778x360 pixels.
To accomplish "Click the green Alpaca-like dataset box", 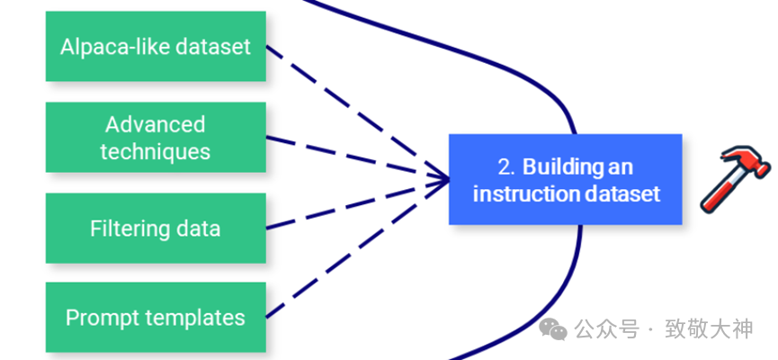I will click(156, 46).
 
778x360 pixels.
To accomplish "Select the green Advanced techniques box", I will click(156, 137).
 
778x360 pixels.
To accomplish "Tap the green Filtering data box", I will click(156, 228).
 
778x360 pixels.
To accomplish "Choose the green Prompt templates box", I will click(156, 317).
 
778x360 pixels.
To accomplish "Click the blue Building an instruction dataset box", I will click(566, 179).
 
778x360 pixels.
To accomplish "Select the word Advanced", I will click(156, 124).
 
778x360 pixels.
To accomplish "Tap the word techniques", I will click(156, 151).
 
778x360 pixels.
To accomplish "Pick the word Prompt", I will click(99, 317).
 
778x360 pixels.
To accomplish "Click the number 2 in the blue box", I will click(505, 166).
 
